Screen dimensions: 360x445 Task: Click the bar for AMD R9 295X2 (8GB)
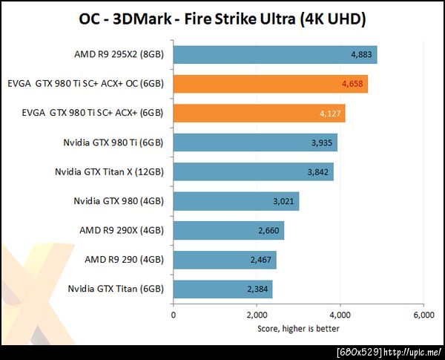pos(274,55)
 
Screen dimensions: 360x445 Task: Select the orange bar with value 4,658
pos(270,84)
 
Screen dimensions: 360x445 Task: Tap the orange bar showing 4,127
pos(259,114)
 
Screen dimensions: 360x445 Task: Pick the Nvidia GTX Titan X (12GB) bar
pos(253,171)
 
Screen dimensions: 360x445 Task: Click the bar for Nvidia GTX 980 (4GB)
pos(236,201)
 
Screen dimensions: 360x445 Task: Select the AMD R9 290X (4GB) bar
pos(228,230)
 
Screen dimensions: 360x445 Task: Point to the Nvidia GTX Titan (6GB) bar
pos(222,289)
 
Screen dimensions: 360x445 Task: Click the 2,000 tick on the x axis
pos(257,315)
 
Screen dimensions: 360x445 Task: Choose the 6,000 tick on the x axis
pos(423,315)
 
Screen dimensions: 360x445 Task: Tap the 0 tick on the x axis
pos(174,315)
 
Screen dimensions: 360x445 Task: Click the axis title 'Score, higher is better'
pos(298,327)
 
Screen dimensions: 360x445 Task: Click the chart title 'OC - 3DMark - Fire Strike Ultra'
pos(222,19)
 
